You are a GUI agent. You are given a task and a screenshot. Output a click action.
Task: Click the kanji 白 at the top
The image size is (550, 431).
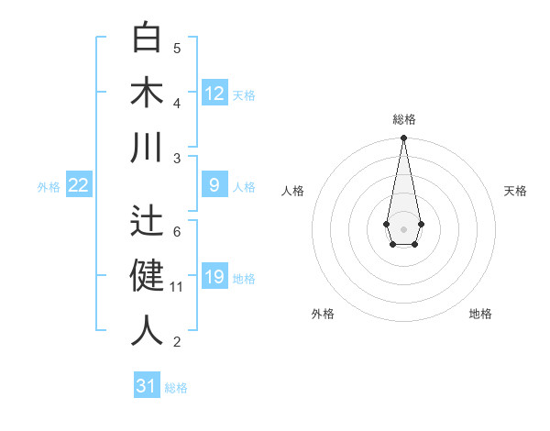click(147, 38)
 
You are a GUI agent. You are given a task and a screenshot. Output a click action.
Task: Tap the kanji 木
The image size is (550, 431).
click(147, 93)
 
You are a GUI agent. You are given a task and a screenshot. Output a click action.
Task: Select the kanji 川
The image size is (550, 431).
click(147, 148)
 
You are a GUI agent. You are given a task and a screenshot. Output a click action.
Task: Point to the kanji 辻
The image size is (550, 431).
click(147, 219)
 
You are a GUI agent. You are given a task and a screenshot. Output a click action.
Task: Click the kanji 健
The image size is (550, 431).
click(147, 275)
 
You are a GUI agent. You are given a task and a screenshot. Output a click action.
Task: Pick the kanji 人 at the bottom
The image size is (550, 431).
click(147, 330)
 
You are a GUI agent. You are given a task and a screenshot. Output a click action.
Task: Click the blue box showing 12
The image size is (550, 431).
click(214, 94)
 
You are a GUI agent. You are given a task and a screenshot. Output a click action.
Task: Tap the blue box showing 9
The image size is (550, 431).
click(214, 185)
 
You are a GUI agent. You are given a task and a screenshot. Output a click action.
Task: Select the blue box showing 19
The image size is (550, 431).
click(214, 278)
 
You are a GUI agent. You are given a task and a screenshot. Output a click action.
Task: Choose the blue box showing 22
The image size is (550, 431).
click(78, 185)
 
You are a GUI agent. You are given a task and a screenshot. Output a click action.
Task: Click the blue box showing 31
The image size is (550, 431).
click(147, 386)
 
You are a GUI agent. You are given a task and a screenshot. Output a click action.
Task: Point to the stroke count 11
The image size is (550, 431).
click(177, 287)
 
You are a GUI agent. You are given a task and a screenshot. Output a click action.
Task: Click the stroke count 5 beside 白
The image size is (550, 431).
click(177, 48)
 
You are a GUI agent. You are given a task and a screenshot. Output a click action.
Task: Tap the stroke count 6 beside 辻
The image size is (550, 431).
click(177, 231)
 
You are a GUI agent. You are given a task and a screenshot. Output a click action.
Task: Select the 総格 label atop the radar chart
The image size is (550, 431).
click(403, 119)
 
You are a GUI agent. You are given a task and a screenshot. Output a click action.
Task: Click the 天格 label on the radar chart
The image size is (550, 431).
click(515, 191)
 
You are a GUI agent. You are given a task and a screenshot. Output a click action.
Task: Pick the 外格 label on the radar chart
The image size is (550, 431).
click(323, 314)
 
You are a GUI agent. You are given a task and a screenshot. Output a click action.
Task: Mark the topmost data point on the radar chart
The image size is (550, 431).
click(403, 138)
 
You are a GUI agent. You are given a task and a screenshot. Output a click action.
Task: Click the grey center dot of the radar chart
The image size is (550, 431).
click(403, 227)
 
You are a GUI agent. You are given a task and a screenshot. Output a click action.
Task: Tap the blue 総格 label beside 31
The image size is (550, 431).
click(176, 387)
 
